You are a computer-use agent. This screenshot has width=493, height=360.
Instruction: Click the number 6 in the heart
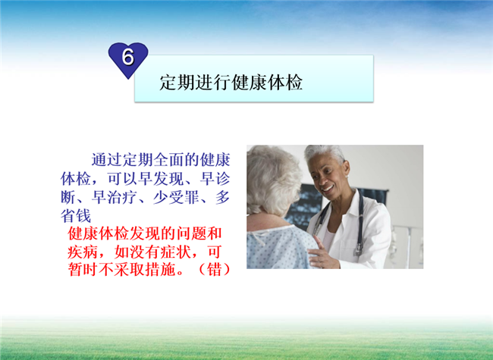(128, 57)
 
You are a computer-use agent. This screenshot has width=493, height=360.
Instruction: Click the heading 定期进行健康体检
(231, 83)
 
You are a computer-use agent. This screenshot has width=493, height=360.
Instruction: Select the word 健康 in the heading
(249, 83)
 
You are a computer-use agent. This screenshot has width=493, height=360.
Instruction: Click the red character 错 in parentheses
(215, 269)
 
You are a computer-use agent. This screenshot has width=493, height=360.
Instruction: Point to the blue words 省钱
(76, 216)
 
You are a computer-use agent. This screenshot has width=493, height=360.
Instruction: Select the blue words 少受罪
(177, 197)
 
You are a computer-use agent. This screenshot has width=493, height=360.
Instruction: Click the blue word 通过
(107, 160)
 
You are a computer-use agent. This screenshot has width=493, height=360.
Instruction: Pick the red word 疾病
(83, 252)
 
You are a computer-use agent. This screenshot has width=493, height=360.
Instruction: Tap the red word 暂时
(83, 269)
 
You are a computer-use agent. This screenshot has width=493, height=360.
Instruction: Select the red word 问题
(191, 233)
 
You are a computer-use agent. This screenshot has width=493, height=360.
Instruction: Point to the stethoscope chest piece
(357, 251)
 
